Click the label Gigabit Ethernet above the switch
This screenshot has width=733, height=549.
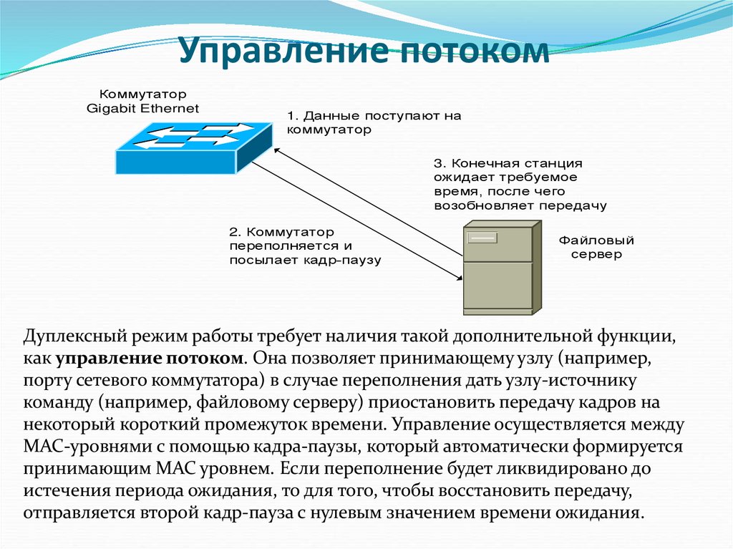[143, 109]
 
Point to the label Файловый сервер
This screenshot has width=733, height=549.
[596, 247]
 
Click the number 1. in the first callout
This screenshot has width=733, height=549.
[294, 116]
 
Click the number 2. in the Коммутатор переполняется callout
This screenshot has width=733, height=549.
[236, 232]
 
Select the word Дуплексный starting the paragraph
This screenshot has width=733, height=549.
[68, 335]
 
